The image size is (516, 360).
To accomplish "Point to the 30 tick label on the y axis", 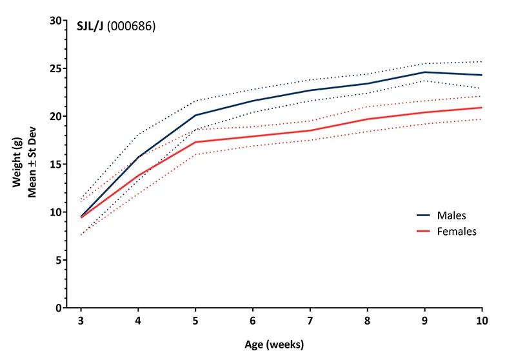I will tap(56, 21).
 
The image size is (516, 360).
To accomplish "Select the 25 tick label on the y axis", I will tap(56, 68).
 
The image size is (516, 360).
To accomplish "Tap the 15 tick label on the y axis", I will tap(56, 165).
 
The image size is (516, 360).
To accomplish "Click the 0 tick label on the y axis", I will tap(59, 308).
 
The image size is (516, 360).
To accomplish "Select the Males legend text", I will tap(451, 215).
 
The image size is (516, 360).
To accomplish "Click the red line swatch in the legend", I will tap(422, 231).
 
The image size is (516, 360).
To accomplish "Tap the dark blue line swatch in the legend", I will tap(422, 215).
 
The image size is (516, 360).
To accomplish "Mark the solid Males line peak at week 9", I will tap(425, 72).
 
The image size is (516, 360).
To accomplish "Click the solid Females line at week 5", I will tap(195, 142).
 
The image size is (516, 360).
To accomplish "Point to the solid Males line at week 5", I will tap(195, 115).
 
